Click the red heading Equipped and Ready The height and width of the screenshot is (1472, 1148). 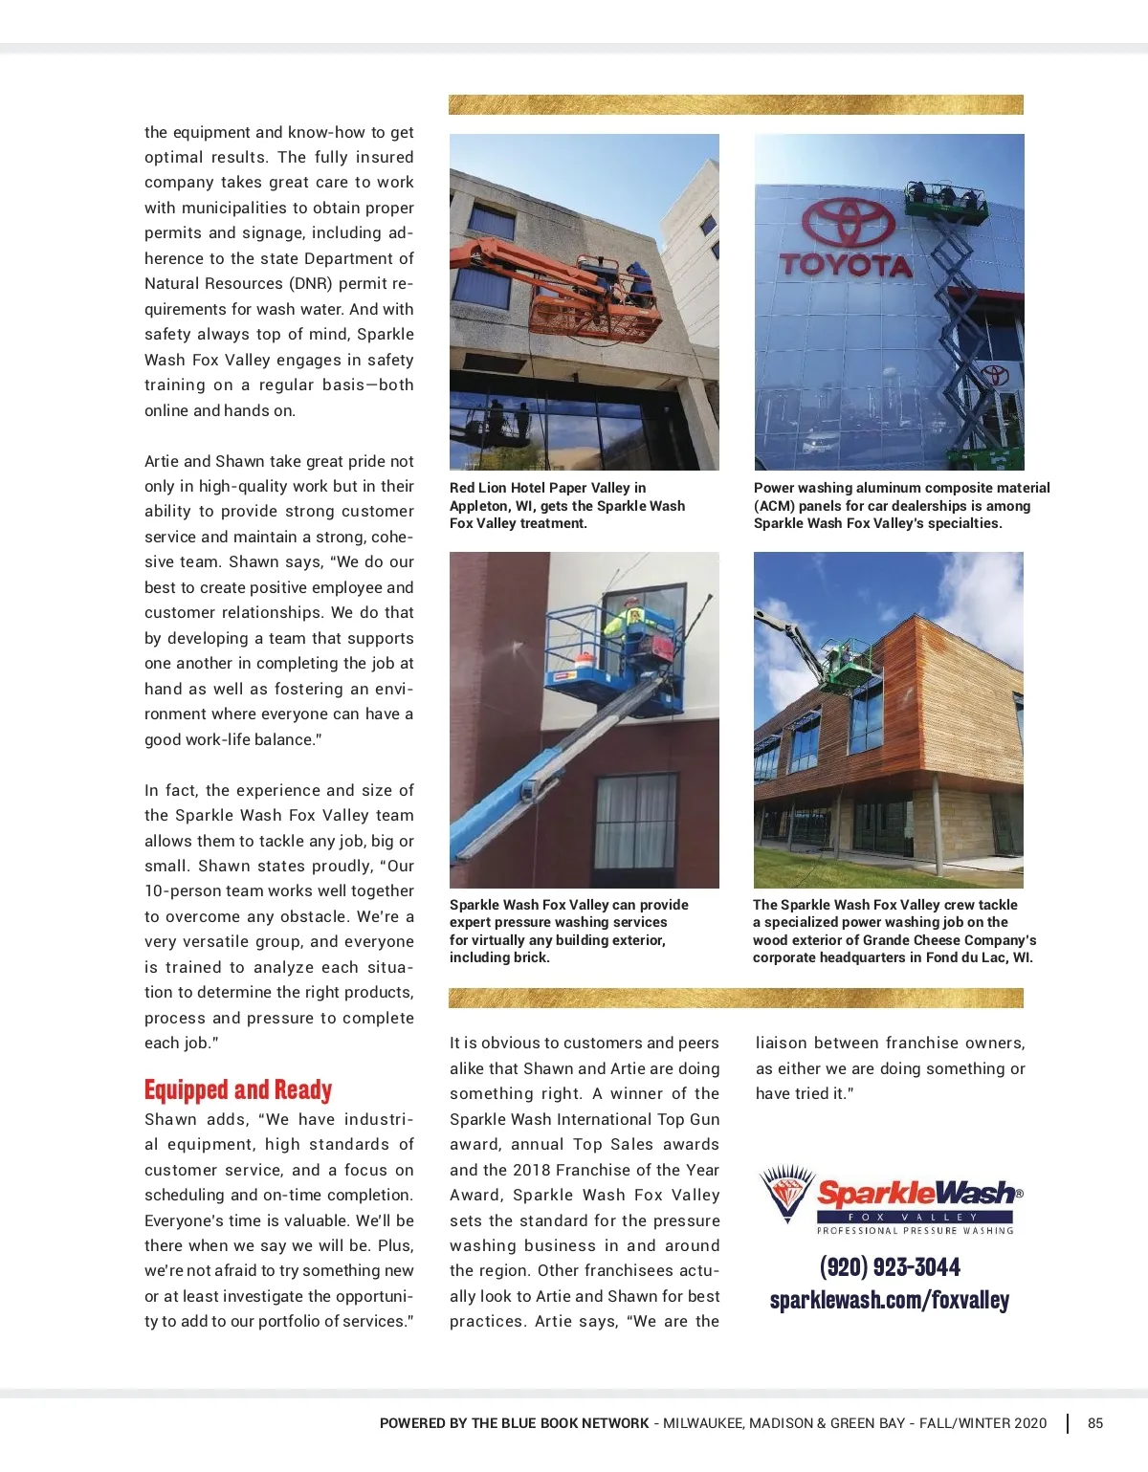(238, 1090)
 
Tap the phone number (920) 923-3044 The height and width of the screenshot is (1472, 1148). (890, 1267)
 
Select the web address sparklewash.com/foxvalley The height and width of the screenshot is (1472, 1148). (890, 1301)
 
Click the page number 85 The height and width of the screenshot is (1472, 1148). (1095, 1423)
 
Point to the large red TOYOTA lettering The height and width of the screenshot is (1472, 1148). (846, 265)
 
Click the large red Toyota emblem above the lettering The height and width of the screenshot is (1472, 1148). (834, 223)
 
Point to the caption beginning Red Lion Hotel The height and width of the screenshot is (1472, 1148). (567, 505)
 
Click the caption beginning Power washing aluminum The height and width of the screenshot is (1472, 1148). (901, 505)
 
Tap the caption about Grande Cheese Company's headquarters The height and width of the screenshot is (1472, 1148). (894, 931)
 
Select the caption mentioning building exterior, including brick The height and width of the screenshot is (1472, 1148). (569, 931)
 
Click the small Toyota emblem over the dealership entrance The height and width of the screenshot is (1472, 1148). (996, 374)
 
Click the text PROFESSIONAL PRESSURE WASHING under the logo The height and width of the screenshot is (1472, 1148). (915, 1231)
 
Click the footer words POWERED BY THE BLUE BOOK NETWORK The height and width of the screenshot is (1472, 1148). (514, 1423)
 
